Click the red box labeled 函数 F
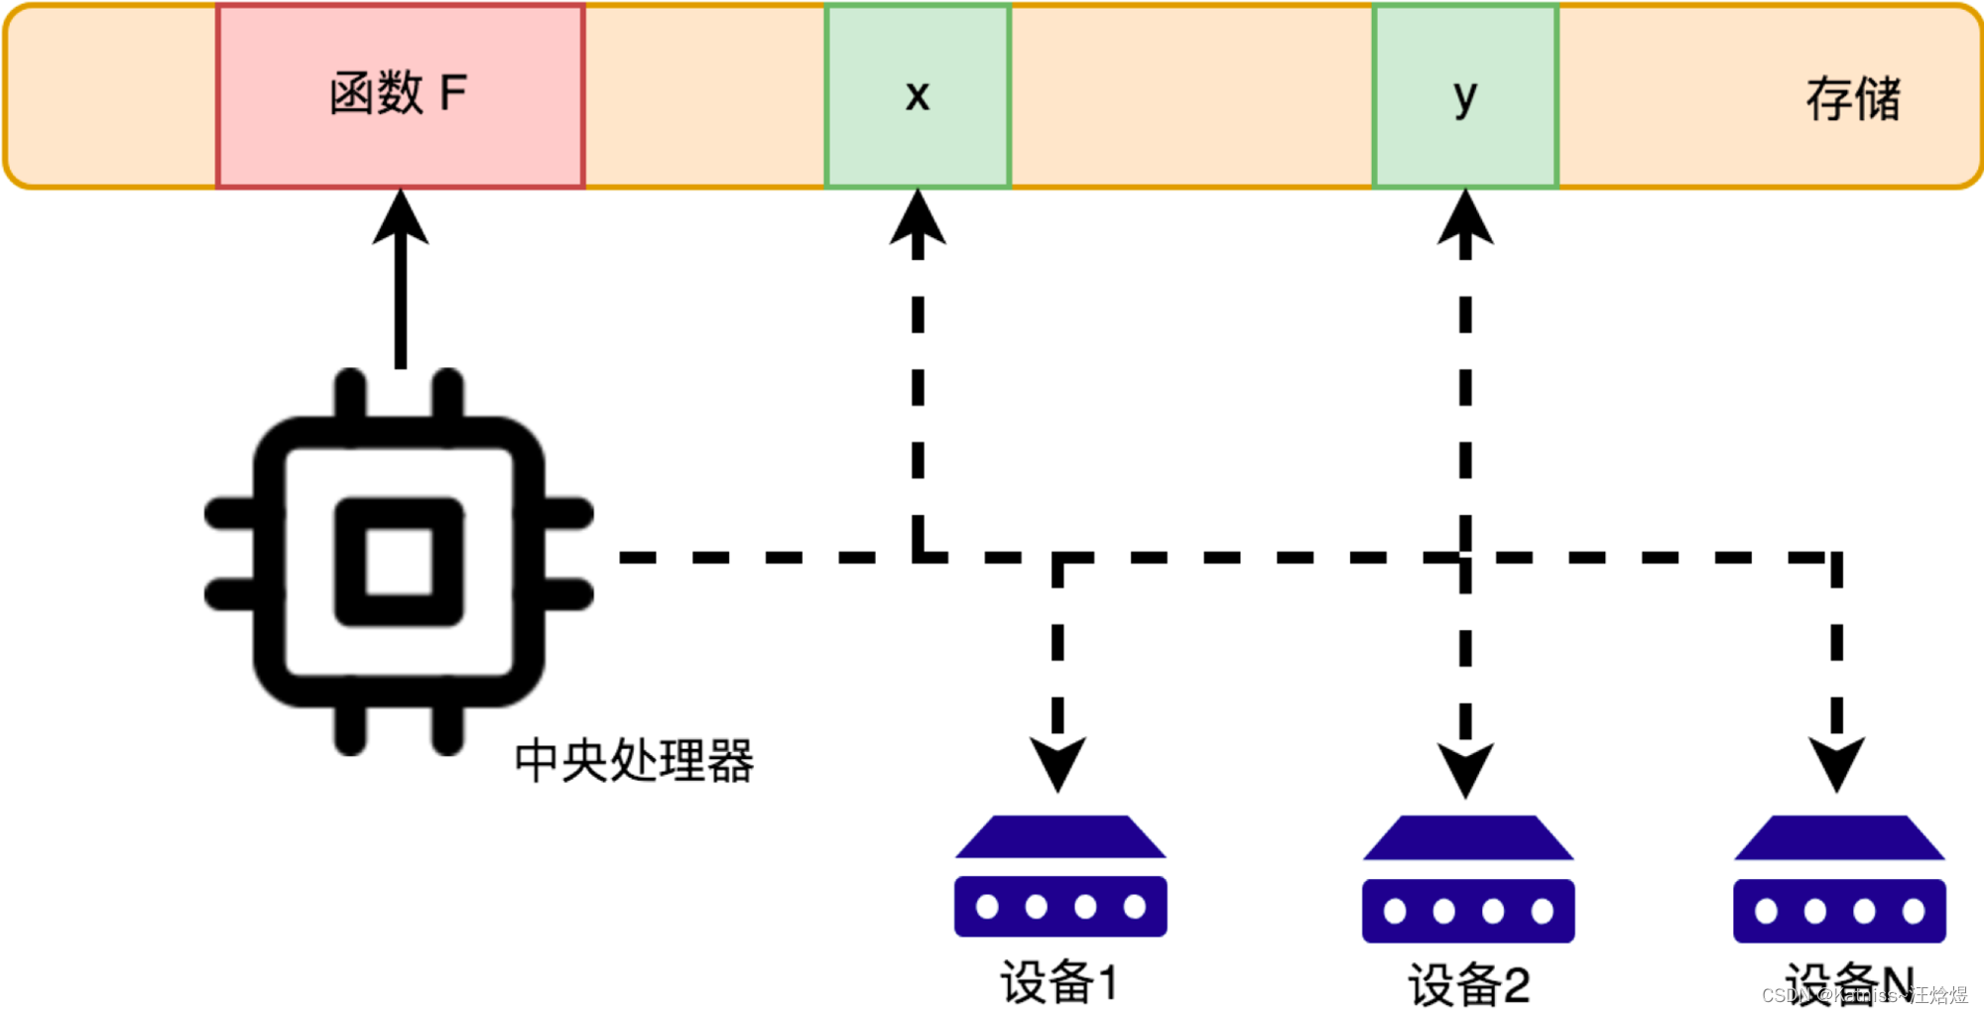click(x=400, y=96)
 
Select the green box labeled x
click(x=918, y=96)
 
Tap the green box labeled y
click(x=1465, y=96)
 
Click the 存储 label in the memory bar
click(x=1852, y=98)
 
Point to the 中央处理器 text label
click(x=634, y=761)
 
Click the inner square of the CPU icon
click(x=399, y=562)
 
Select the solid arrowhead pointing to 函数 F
click(x=400, y=216)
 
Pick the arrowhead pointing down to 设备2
click(x=1465, y=769)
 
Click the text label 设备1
click(x=1059, y=982)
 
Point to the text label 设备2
click(x=1468, y=984)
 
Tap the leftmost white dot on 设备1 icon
click(x=987, y=906)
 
